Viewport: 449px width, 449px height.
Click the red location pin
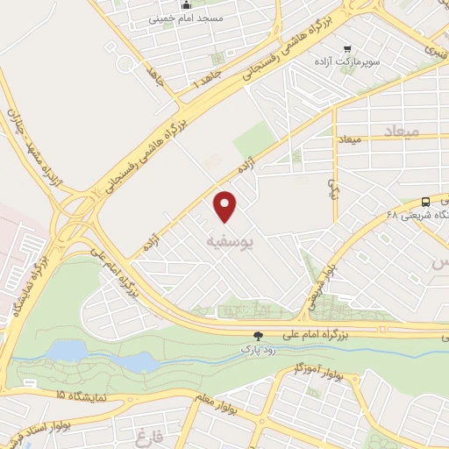226,205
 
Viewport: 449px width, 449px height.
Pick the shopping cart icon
348,50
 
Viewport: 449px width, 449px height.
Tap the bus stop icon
426,201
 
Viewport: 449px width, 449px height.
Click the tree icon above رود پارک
258,335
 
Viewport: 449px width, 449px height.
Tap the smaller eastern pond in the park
136,361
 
